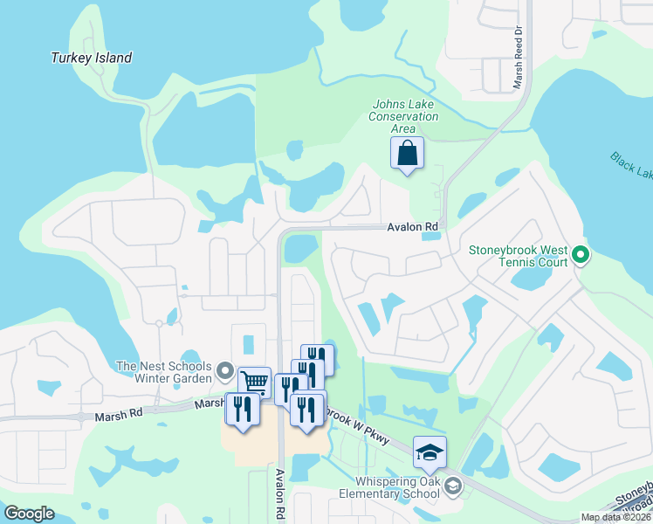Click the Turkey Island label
coord(91,59)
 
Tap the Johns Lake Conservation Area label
coord(403,116)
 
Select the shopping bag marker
coord(407,154)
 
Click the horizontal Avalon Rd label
coord(413,227)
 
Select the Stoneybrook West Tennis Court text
coord(519,256)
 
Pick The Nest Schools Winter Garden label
coord(164,372)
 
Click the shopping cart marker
coord(254,383)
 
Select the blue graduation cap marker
coord(430,452)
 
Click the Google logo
coord(30,514)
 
